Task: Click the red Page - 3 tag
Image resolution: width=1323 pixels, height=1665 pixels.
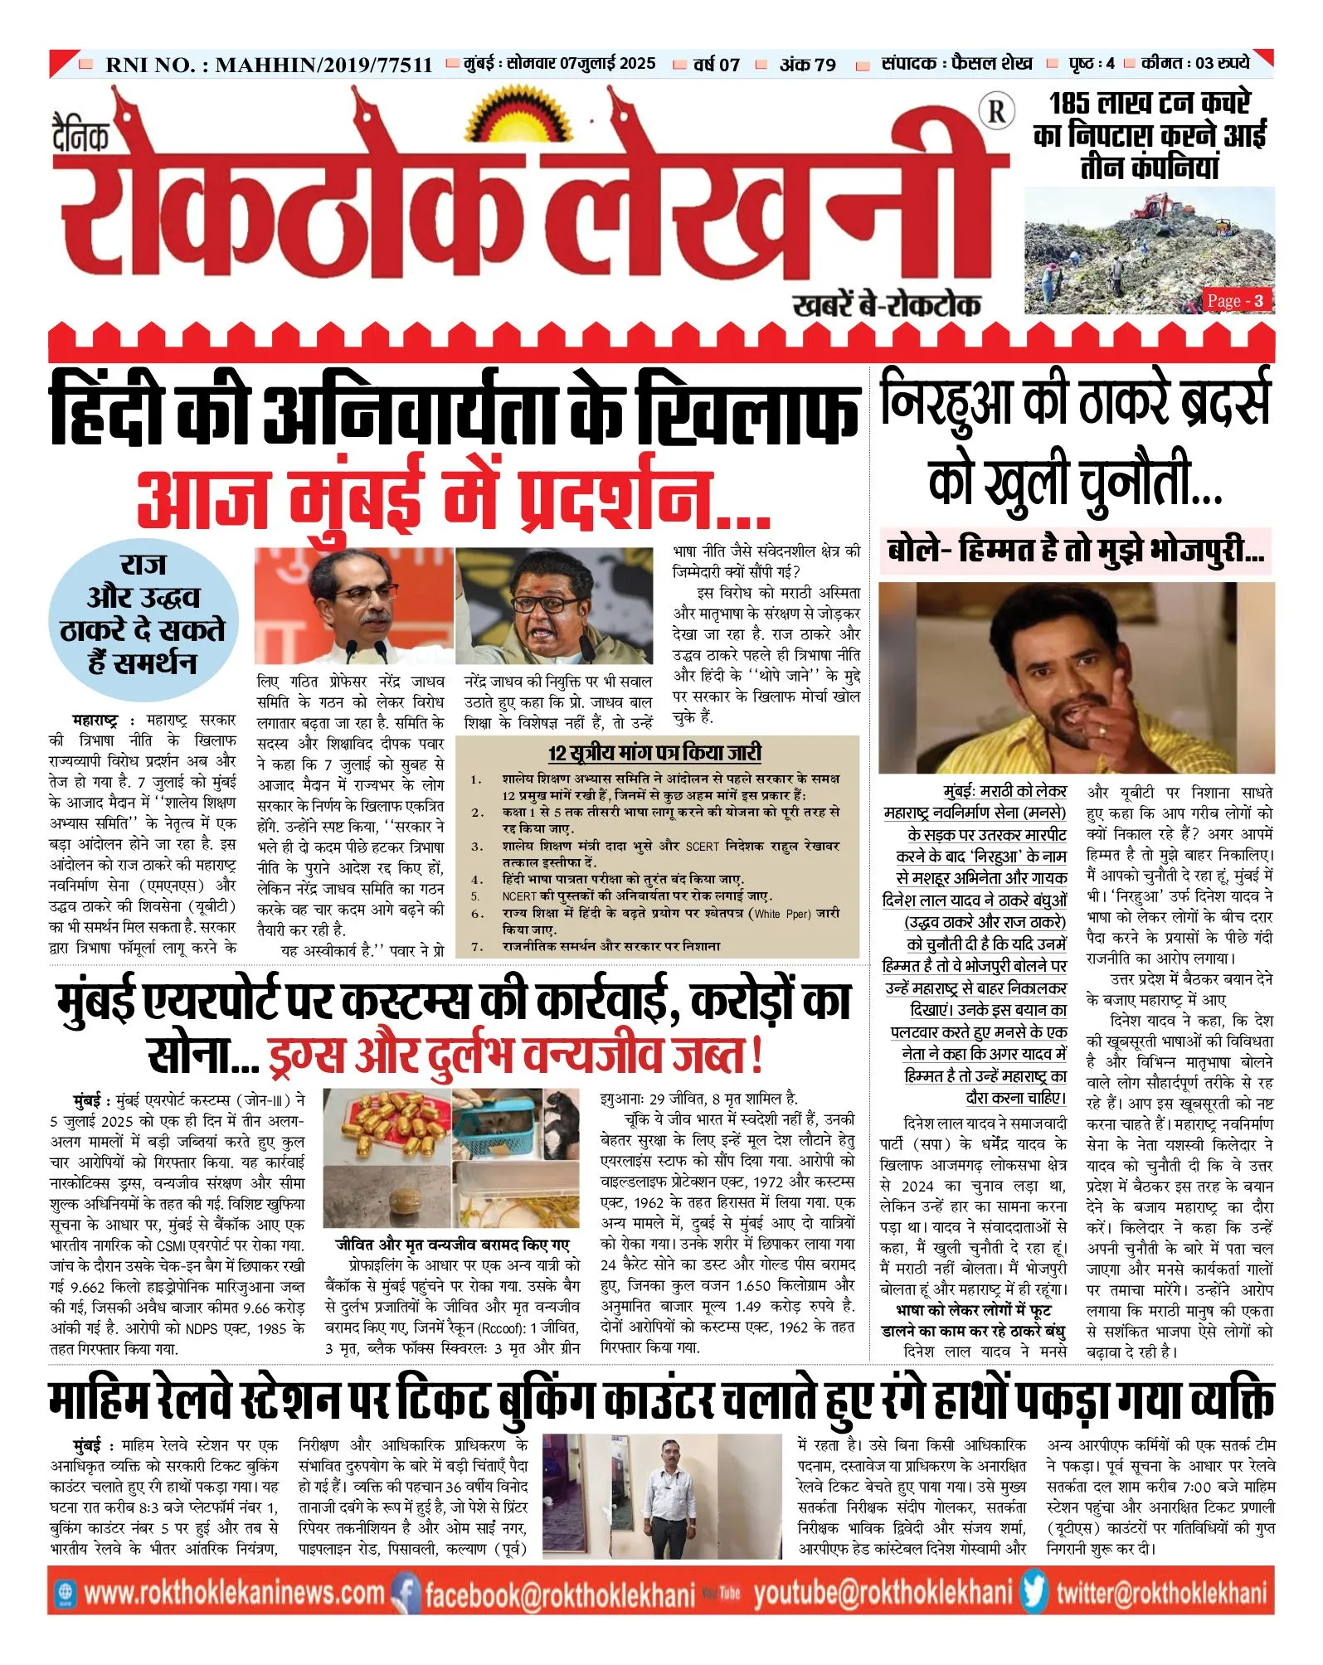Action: click(1236, 300)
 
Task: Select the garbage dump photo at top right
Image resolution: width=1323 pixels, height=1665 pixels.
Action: click(1150, 249)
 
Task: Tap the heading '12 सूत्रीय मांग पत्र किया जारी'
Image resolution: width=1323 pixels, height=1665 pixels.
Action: click(654, 753)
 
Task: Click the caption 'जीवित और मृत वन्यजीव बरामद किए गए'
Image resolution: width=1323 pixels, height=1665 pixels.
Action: click(452, 1245)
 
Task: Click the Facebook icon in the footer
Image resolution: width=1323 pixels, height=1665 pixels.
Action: click(405, 1593)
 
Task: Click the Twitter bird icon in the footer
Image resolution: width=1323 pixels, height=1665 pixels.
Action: click(1034, 1592)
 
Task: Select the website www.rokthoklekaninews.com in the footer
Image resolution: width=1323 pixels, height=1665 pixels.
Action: click(234, 1593)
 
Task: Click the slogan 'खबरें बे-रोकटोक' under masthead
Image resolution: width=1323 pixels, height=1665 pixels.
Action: click(886, 306)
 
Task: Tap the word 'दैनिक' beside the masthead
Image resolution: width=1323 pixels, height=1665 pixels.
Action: click(80, 137)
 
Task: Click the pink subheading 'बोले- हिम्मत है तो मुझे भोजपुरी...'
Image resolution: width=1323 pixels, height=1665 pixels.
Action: click(1075, 551)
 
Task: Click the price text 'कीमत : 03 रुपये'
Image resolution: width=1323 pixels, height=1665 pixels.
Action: click(1195, 63)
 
